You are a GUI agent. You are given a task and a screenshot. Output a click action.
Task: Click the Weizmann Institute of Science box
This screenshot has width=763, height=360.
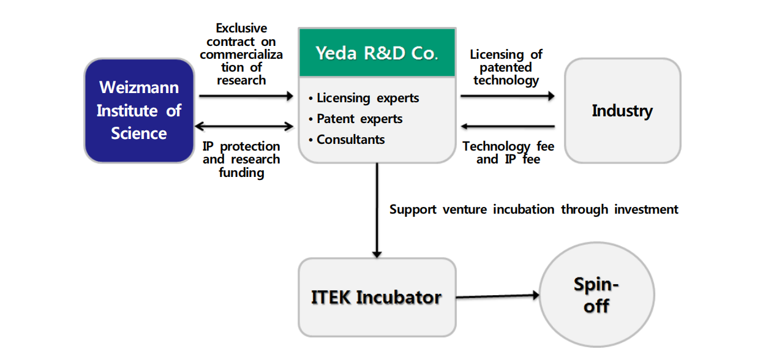[140, 110]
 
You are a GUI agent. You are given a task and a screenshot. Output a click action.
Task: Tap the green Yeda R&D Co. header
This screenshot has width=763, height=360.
[377, 53]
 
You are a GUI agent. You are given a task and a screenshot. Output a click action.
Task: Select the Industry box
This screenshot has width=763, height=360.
[623, 110]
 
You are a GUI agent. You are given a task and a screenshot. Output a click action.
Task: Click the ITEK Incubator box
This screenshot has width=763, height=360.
[377, 298]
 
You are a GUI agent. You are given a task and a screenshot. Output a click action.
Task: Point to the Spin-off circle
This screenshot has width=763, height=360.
[597, 294]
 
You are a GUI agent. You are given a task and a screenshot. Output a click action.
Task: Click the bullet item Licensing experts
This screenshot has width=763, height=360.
[364, 98]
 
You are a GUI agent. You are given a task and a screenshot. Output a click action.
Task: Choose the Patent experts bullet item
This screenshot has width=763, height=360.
[355, 119]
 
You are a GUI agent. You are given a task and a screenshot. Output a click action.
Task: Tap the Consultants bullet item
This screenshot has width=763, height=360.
[347, 140]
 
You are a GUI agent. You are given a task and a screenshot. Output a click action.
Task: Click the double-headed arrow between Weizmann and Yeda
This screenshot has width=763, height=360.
[244, 126]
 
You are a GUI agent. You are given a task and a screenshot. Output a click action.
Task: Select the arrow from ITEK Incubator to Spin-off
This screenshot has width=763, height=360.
[498, 296]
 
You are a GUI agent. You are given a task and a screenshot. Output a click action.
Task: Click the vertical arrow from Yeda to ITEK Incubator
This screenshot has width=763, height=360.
[377, 210]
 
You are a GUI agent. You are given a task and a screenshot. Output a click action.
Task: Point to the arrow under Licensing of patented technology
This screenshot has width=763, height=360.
[508, 96]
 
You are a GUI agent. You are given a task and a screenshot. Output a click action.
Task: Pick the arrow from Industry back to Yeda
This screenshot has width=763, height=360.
[508, 126]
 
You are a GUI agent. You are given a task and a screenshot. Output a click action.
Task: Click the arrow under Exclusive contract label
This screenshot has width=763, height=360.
[246, 96]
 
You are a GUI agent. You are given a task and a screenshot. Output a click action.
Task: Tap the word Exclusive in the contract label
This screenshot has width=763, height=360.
[241, 28]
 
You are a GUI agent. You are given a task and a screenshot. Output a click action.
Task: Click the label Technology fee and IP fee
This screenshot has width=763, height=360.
[508, 152]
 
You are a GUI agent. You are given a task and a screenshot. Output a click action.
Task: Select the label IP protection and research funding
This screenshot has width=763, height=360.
[241, 159]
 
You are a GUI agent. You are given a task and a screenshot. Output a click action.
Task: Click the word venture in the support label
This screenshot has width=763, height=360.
[465, 209]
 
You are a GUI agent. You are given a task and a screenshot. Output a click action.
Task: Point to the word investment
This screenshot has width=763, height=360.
[646, 209]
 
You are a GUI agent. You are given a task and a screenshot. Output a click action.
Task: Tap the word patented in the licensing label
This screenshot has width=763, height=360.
[506, 67]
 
